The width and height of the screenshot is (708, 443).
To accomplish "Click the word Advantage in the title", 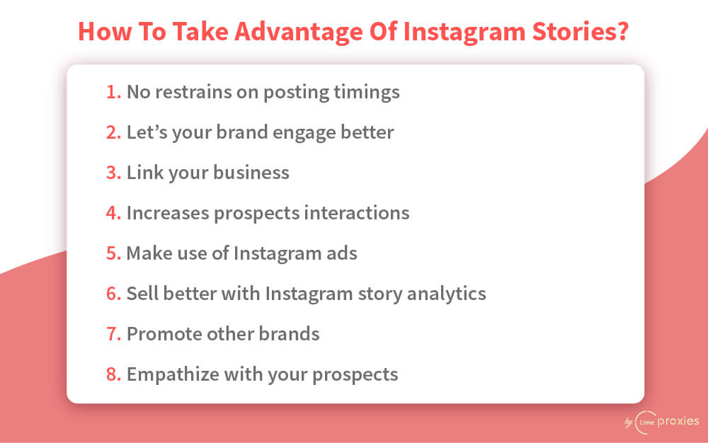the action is point(299,33).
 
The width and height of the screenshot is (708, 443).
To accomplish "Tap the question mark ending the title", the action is point(622,31).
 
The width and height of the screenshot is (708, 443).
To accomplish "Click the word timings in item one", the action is point(367,93).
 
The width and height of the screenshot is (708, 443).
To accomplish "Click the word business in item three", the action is point(251,173).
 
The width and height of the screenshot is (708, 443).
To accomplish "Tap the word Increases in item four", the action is point(168,213).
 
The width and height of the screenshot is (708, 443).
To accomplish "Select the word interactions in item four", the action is point(357,213).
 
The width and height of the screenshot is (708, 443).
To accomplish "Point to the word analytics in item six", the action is point(447,294).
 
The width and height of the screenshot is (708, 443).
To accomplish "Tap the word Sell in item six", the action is point(142,294).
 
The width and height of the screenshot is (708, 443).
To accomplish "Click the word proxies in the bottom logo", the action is point(678,422).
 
